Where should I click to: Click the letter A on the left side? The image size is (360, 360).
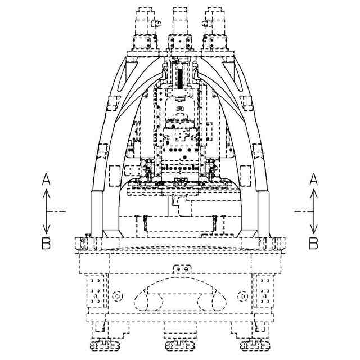point(47,179)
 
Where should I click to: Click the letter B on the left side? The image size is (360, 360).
point(47,243)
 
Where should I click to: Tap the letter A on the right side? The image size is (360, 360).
point(314,179)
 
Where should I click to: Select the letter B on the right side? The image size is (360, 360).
point(314,243)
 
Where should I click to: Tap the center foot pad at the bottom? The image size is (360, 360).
point(179,345)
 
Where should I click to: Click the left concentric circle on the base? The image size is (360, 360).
point(117,295)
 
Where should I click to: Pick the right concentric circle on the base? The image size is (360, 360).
point(242,295)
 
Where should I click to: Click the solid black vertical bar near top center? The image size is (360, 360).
point(180,77)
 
